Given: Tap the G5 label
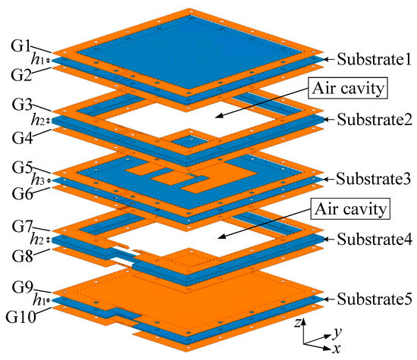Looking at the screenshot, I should coord(14,164).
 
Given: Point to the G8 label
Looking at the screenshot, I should coord(14,254).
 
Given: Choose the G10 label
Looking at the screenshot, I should coord(17,313).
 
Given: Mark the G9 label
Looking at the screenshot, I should coord(14,284).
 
